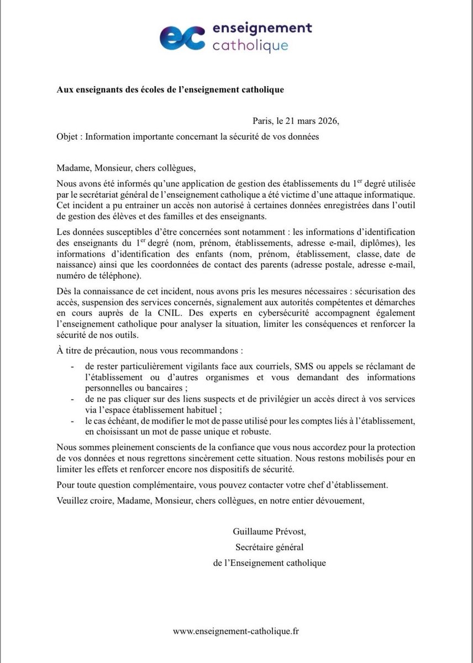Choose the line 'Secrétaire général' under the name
click(270, 548)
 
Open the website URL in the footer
click(236, 630)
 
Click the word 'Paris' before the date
click(262, 121)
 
